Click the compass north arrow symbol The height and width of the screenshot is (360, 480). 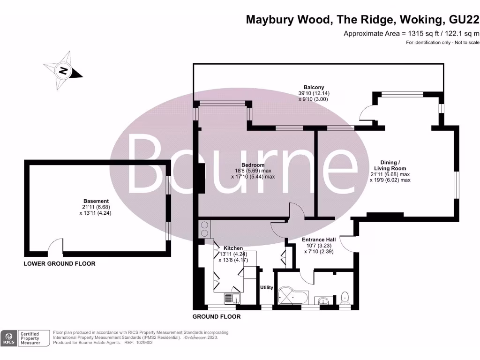pyautogui.click(x=63, y=72)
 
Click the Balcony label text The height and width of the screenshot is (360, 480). pyautogui.click(x=314, y=87)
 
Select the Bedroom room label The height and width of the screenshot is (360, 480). pyautogui.click(x=253, y=165)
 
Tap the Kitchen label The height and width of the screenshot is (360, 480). pyautogui.click(x=233, y=248)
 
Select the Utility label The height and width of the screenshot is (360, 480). pyautogui.click(x=266, y=287)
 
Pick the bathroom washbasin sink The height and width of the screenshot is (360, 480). pyautogui.click(x=323, y=300)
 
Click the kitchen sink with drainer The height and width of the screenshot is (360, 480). pyautogui.click(x=231, y=298)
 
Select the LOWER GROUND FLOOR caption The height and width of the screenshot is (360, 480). pyautogui.click(x=60, y=264)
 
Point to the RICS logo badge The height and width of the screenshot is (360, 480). pyautogui.click(x=9, y=338)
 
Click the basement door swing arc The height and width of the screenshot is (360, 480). pyautogui.click(x=56, y=245)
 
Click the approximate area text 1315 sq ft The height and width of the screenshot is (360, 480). pyautogui.click(x=411, y=33)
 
